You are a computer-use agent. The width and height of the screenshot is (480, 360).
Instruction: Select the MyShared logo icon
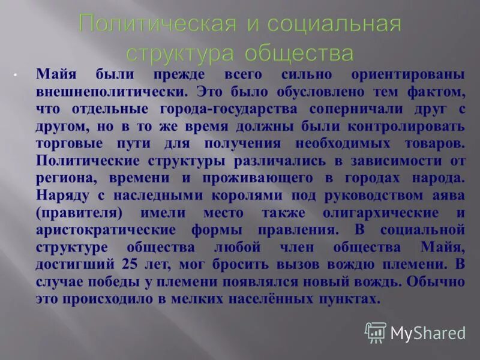pyautogui.click(x=376, y=332)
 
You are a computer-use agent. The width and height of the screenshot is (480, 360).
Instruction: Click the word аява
pyautogui.click(x=448, y=196)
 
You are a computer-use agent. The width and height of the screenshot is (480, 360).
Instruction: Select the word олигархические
pyautogui.click(x=377, y=214)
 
